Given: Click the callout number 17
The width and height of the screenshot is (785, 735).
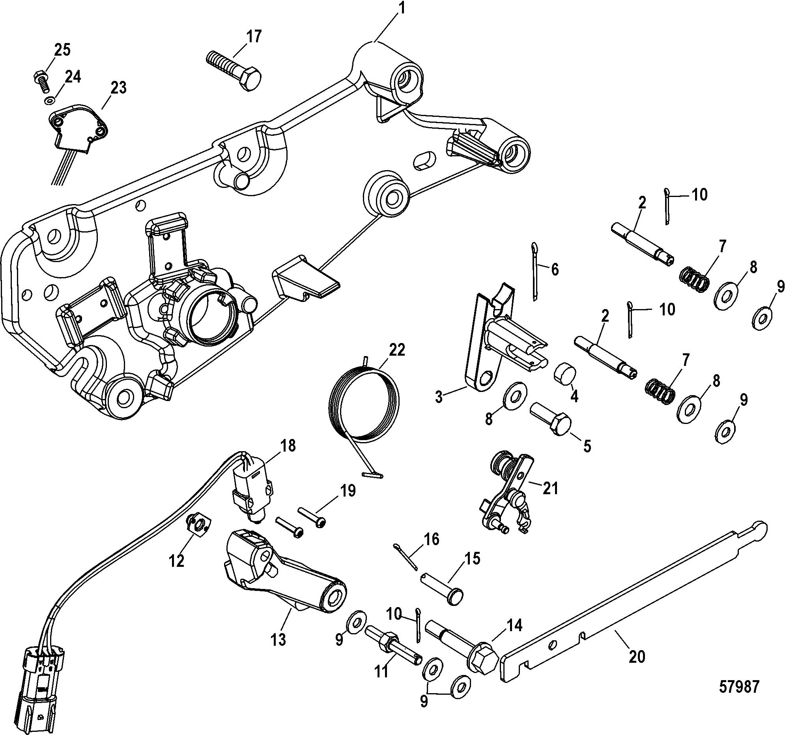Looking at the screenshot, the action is point(254,36).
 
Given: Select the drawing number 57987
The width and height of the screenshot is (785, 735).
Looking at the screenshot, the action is point(739,686).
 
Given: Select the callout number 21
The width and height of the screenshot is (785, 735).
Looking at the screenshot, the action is point(550,488).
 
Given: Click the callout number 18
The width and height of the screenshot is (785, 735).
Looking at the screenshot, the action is point(288,446).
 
